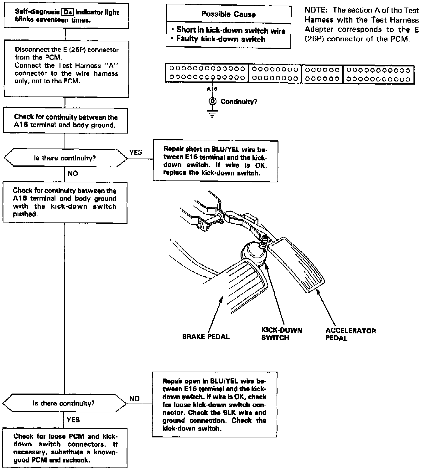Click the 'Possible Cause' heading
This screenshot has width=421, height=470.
pyautogui.click(x=228, y=14)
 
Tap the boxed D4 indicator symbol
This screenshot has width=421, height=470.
pyautogui.click(x=68, y=13)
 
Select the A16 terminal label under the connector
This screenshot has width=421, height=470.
pyautogui.click(x=212, y=89)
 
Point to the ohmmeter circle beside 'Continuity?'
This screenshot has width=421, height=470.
pyautogui.click(x=212, y=101)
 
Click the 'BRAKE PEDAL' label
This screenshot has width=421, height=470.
pyautogui.click(x=206, y=337)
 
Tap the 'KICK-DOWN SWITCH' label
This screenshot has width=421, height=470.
pyautogui.click(x=281, y=334)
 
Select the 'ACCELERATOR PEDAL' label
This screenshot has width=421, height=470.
pyautogui.click(x=350, y=334)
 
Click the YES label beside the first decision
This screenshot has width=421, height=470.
pyautogui.click(x=136, y=152)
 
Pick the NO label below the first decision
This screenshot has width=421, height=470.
pyautogui.click(x=73, y=174)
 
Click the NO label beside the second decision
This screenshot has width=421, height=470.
pyautogui.click(x=134, y=399)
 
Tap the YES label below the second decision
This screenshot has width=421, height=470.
pyautogui.click(x=73, y=420)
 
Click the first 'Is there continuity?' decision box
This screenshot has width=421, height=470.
pyautogui.click(x=65, y=158)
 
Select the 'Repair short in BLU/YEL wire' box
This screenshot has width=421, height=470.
pyautogui.click(x=216, y=161)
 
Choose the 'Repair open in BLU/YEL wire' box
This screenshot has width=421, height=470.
pyautogui.click(x=215, y=405)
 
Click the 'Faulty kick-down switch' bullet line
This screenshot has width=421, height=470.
pyautogui.click(x=221, y=39)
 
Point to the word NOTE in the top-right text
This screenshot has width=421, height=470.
pyautogui.click(x=316, y=10)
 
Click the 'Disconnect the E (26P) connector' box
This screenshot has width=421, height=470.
pyautogui.click(x=66, y=69)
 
